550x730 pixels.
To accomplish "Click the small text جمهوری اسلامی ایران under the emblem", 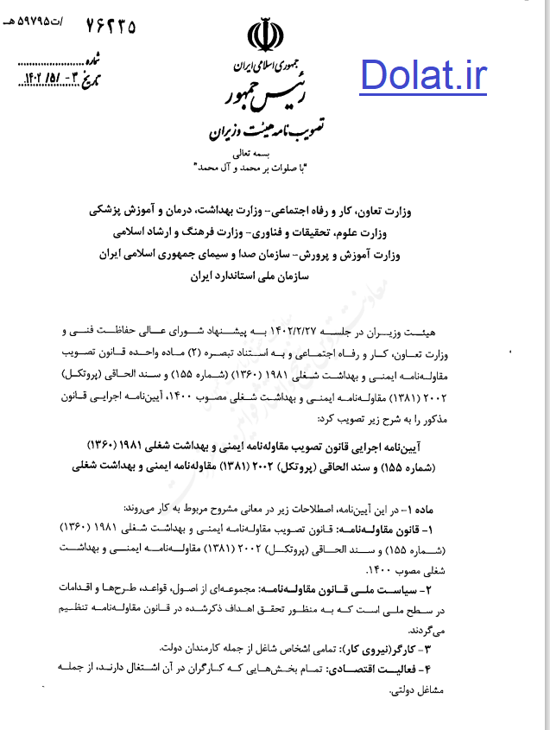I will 264,65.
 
